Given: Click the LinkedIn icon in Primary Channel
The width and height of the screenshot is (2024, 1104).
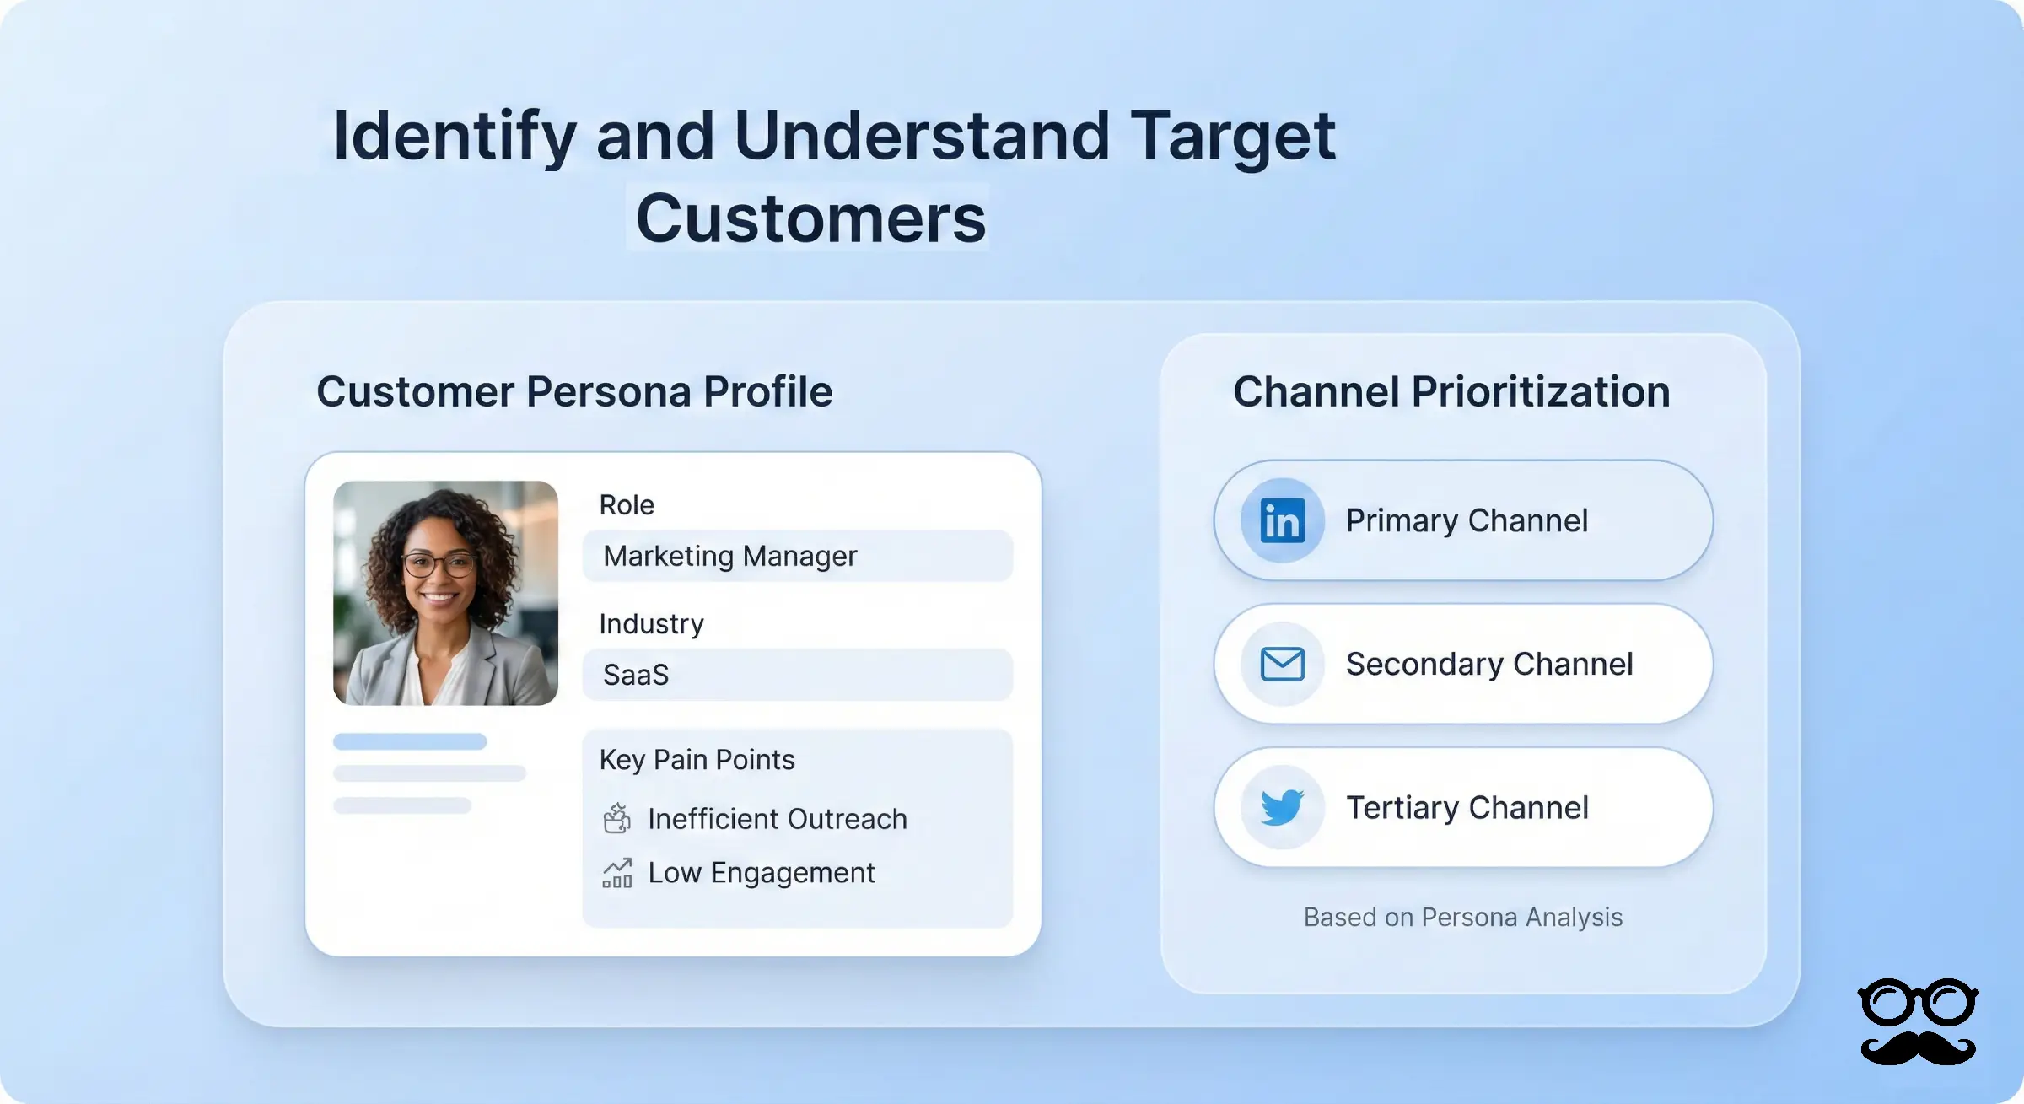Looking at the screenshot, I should (x=1282, y=520).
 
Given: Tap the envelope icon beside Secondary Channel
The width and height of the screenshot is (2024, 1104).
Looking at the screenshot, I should (x=1282, y=664).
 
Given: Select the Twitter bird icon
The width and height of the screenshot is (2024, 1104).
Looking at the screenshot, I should (x=1282, y=807).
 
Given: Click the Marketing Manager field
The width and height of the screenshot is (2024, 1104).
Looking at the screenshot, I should (x=797, y=556).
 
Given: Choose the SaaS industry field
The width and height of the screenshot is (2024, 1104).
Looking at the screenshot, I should (x=797, y=675).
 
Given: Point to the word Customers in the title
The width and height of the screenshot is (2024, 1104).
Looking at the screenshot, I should (x=810, y=218).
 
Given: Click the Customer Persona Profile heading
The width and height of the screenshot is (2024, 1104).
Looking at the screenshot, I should (x=574, y=391).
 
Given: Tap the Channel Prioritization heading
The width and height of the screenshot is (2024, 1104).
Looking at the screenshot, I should (x=1451, y=391).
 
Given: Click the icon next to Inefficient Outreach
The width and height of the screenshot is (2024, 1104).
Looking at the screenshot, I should (x=617, y=818).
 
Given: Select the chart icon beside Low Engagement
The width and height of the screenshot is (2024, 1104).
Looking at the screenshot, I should (x=617, y=873).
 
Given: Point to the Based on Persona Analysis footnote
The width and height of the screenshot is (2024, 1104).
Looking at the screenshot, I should (x=1463, y=917).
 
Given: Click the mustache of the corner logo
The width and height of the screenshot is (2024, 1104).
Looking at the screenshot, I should (x=1918, y=1048).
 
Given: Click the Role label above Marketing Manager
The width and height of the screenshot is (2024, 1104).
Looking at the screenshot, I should (x=627, y=504).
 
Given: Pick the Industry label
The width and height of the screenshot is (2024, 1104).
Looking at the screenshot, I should (x=651, y=623).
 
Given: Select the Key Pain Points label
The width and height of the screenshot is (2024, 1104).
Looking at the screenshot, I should (x=697, y=759).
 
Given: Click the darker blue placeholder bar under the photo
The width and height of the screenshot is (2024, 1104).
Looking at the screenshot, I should (x=410, y=741).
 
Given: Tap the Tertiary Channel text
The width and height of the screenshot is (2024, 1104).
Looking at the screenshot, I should (x=1467, y=807).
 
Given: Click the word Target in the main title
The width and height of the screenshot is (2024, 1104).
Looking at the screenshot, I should (x=1232, y=136).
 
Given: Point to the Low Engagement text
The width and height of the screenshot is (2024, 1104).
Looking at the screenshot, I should (x=761, y=872).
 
